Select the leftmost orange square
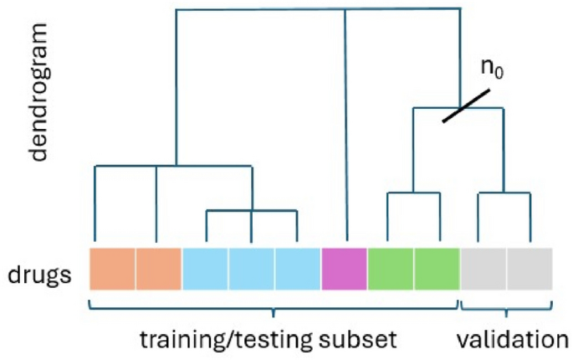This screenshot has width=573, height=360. click(x=112, y=270)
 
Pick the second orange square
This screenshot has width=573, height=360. click(x=159, y=270)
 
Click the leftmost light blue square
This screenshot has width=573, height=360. click(x=205, y=270)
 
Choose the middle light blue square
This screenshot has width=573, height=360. click(x=252, y=270)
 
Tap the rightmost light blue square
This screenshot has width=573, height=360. click(x=298, y=270)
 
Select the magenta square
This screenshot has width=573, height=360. click(x=344, y=270)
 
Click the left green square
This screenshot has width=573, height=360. click(x=391, y=270)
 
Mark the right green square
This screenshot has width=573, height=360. click(x=437, y=270)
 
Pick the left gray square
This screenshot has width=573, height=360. click(x=483, y=270)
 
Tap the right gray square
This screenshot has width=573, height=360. click(x=530, y=270)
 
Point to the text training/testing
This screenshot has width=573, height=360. click(x=226, y=339)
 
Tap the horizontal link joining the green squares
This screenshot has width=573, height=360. click(x=413, y=193)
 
